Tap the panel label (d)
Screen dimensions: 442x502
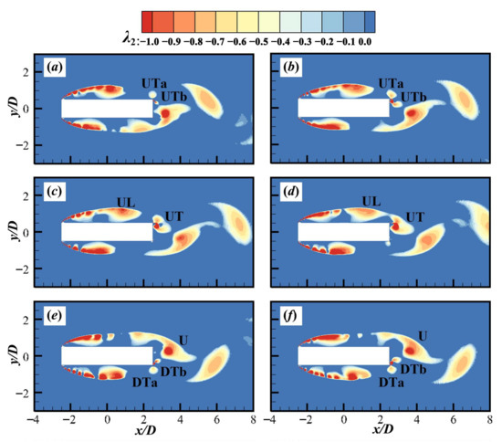(x=283, y=195)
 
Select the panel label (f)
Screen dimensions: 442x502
(x=283, y=319)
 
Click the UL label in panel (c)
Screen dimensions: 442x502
(x=128, y=200)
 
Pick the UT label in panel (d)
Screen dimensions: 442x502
(x=415, y=216)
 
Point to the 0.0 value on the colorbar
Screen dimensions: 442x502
(x=366, y=40)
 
